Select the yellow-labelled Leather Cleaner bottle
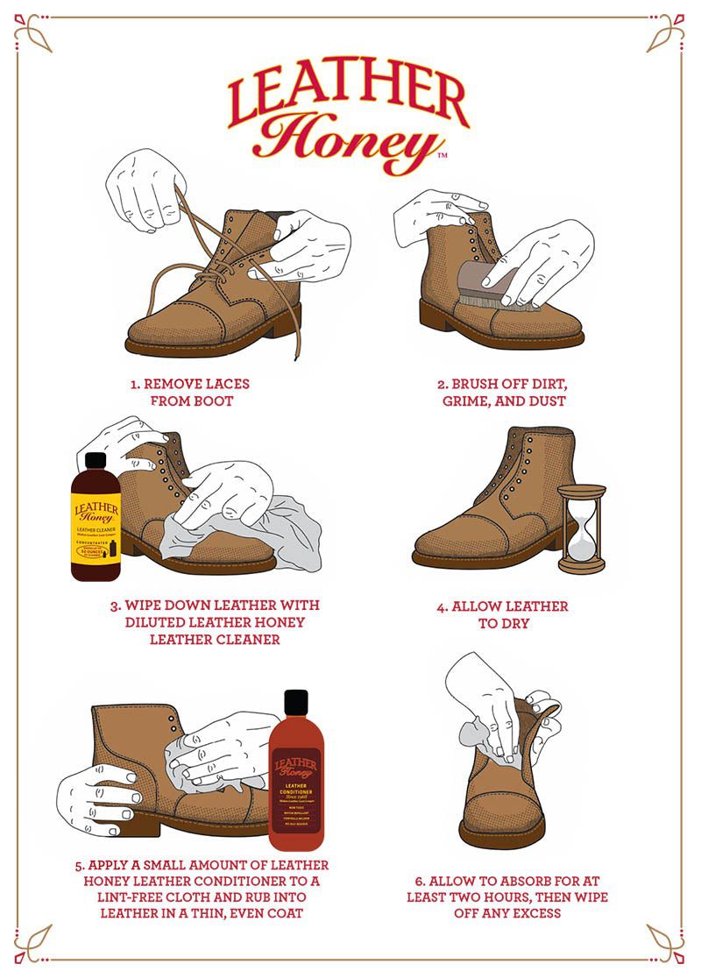click(96, 521)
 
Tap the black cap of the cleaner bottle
click(96, 461)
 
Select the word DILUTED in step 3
click(157, 622)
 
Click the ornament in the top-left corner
click(33, 33)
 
